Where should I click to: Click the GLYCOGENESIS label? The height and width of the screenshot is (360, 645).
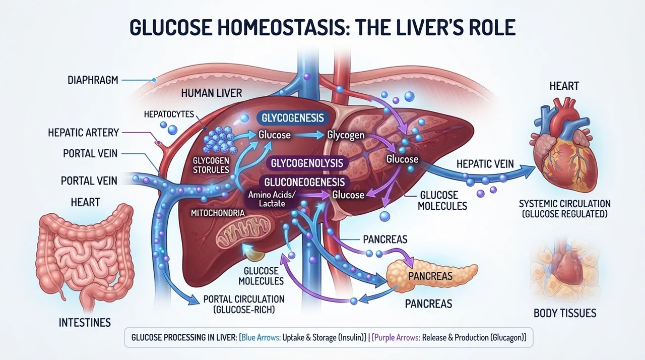click(x=293, y=118)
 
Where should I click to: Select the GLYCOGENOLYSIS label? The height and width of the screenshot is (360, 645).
click(x=307, y=163)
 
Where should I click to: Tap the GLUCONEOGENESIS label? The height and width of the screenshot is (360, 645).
click(x=304, y=183)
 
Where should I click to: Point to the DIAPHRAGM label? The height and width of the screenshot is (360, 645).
click(x=93, y=80)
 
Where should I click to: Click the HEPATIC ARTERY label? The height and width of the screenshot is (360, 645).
click(x=84, y=133)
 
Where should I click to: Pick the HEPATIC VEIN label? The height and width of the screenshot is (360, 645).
click(x=485, y=164)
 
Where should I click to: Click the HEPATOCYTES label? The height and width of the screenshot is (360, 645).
click(x=169, y=114)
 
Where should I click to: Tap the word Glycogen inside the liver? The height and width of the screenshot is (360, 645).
click(x=346, y=135)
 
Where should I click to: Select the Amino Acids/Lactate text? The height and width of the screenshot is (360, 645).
click(x=272, y=199)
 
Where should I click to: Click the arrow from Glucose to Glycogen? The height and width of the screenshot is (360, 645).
click(x=309, y=135)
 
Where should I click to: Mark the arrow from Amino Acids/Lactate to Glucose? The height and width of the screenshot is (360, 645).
click(x=313, y=195)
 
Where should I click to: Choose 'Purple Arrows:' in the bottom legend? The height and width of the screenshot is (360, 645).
click(x=396, y=337)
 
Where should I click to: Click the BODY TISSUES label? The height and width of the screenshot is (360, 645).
click(x=565, y=313)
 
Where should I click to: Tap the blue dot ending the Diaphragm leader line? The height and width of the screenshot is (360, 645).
click(x=154, y=80)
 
